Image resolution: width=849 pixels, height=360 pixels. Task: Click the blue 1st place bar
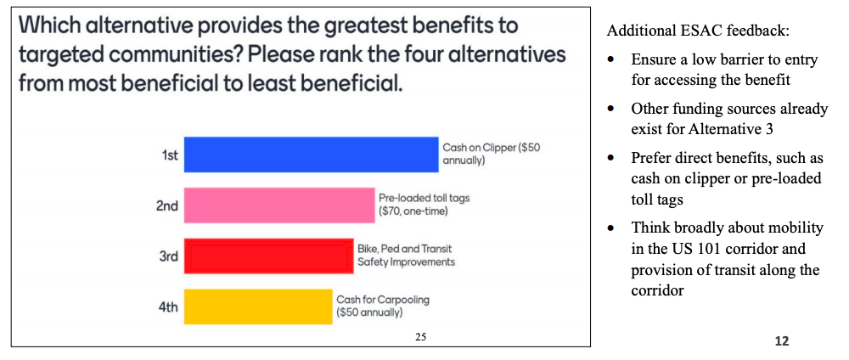point(311,155)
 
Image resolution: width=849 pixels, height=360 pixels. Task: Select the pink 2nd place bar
point(279,205)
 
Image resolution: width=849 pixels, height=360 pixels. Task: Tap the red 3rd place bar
point(268,256)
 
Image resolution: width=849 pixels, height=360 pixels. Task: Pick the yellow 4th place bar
point(257,307)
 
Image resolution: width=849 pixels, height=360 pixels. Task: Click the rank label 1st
point(170,155)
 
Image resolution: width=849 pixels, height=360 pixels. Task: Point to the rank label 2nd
point(168,205)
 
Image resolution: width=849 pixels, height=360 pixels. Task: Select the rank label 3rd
point(168,256)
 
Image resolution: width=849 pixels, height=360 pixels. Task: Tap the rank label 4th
point(168,307)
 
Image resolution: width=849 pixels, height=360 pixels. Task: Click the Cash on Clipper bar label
point(491,153)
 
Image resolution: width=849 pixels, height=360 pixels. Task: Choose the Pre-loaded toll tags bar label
point(424,204)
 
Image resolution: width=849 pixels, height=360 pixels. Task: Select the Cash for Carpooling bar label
point(382,306)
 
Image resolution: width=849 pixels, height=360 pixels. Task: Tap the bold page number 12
point(782,340)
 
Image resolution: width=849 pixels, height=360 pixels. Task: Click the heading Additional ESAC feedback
point(698,31)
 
